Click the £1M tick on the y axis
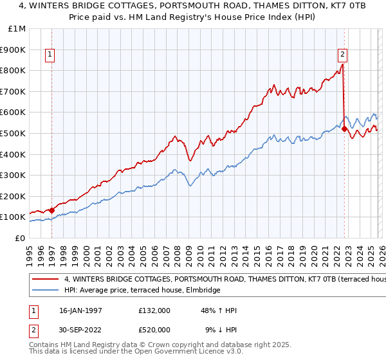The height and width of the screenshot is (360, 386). tap(17, 29)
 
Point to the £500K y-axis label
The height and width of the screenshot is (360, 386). tap(14, 134)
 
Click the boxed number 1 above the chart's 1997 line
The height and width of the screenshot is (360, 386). tap(50, 55)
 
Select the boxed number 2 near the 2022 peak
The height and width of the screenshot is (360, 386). tap(342, 55)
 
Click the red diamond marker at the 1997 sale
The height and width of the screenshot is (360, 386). tap(52, 210)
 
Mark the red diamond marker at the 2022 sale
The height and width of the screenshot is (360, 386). tap(344, 129)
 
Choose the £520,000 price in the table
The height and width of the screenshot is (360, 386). tap(154, 329)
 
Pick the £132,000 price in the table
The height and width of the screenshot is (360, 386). tap(154, 310)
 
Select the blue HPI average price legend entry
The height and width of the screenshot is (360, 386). tap(142, 291)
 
